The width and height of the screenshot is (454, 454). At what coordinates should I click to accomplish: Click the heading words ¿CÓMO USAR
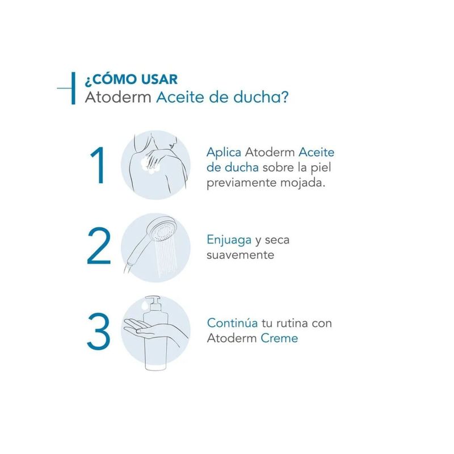point(131,79)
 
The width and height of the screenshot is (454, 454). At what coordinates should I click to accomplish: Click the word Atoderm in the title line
point(118,97)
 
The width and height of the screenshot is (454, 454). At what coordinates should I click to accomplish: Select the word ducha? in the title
point(261,97)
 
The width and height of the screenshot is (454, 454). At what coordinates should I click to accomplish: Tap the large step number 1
point(98,165)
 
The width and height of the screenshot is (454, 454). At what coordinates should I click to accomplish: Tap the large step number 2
point(99,246)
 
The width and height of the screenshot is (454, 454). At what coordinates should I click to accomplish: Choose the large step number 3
point(98,331)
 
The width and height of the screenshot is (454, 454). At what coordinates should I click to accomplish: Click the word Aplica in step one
point(224,153)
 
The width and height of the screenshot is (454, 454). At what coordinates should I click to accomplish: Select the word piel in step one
point(321,168)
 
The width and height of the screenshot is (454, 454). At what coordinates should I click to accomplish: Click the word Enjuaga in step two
point(229,240)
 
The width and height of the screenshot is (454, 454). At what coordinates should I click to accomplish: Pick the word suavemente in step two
point(240,255)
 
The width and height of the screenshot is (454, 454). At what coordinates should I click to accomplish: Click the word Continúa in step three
point(232,323)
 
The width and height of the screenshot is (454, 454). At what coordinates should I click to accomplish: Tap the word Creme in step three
point(279,338)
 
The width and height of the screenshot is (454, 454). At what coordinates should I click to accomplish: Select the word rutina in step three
point(292,323)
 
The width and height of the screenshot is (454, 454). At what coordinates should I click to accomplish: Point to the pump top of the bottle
point(153,303)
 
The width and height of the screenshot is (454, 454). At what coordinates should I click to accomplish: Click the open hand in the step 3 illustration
point(145,328)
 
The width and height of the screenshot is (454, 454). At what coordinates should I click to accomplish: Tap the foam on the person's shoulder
point(150,165)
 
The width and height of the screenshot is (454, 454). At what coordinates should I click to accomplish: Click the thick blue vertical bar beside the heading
point(73,89)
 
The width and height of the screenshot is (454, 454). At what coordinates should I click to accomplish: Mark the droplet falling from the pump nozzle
point(144,305)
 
